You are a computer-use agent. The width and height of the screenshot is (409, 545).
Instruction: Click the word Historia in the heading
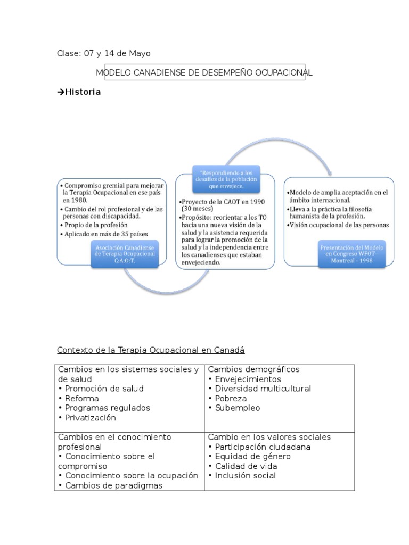coord(83,92)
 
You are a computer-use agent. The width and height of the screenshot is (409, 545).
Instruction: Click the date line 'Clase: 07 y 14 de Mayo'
coord(104,53)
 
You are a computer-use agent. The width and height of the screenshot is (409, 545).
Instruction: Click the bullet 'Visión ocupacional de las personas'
coord(339,225)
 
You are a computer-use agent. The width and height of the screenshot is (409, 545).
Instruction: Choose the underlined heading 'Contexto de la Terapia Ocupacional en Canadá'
coord(150,350)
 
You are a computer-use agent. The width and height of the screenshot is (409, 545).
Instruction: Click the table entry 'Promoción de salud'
coord(104,389)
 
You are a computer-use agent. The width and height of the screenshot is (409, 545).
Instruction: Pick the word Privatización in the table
coord(90,418)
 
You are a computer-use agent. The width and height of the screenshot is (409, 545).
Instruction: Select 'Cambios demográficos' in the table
coord(253,369)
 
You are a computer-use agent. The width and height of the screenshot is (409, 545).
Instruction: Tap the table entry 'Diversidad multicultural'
coord(263,389)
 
